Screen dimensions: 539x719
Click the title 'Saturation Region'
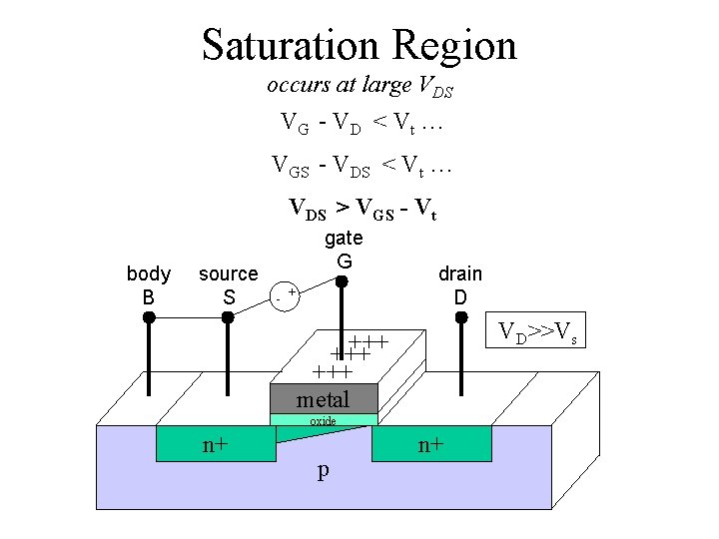pos(359,45)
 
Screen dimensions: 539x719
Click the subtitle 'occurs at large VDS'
pos(359,87)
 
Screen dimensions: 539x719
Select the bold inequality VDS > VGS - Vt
pos(362,209)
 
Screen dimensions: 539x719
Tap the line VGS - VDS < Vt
pos(362,166)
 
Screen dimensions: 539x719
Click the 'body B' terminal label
pos(149,284)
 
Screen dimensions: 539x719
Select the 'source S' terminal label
pos(228,284)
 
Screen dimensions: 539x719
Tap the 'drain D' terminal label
pos(460,284)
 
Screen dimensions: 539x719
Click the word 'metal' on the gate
pos(324,399)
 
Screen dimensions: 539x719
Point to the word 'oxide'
pos(323,421)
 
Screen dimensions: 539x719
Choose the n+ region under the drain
pos(431,445)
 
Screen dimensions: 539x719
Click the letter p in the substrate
pos(323,471)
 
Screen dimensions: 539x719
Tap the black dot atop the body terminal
pos(149,317)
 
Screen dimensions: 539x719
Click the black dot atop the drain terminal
pos(461,317)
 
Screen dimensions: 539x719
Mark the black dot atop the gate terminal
pos(342,282)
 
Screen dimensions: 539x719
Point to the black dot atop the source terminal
pos(228,317)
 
